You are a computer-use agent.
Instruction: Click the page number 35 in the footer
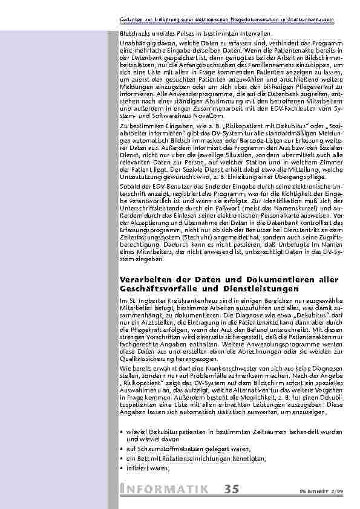coord(232,488)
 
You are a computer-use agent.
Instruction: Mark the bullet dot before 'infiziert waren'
coord(122,468)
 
